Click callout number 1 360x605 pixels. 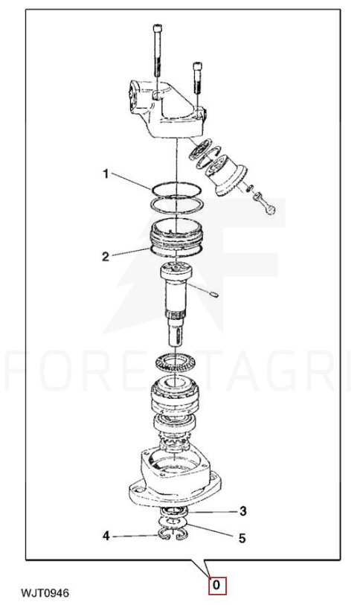106,174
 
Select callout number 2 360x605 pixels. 106,257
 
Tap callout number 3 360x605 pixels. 242,511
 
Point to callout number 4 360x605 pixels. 106,536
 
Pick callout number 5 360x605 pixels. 242,538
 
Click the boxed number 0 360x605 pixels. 216,586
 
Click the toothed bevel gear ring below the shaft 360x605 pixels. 176,363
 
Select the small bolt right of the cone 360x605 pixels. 264,202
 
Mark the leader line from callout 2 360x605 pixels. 131,252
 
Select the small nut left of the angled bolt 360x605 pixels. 250,188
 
